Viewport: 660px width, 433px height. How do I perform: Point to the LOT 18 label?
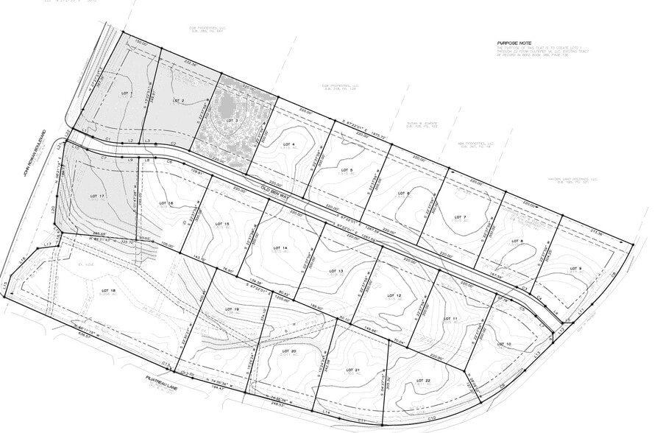[x=108, y=291]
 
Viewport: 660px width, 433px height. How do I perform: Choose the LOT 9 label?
[x=575, y=268]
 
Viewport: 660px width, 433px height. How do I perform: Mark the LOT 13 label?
[x=336, y=271]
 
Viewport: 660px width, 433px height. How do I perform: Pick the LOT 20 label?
[x=288, y=351]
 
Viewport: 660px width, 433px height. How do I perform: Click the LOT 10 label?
[x=504, y=344]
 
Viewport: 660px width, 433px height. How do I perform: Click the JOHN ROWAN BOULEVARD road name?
[x=32, y=158]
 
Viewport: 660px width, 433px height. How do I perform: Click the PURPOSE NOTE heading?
[x=513, y=44]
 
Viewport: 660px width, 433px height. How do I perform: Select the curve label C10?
[x=431, y=418]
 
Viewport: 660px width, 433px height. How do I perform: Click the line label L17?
[x=46, y=244]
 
